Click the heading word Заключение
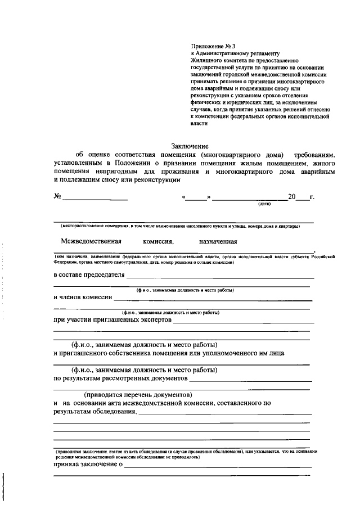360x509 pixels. tap(190, 146)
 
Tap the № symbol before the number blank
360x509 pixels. tap(57, 197)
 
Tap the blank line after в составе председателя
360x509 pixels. tap(220, 276)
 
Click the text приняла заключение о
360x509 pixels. tap(88, 465)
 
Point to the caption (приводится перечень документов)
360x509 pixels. tap(138, 394)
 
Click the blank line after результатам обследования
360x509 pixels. tap(224, 413)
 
